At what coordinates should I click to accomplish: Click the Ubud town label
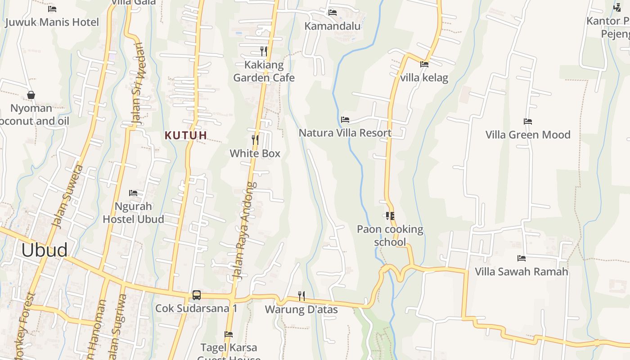[x=45, y=250]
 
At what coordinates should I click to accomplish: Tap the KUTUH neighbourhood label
[x=186, y=135]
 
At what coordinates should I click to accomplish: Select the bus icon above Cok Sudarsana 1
[x=197, y=295]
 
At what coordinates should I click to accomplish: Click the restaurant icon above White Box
[x=255, y=139]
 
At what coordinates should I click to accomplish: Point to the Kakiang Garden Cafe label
[x=264, y=71]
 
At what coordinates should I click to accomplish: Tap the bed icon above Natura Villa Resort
[x=345, y=120]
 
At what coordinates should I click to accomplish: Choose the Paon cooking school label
[x=390, y=235]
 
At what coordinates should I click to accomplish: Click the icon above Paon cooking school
[x=390, y=216]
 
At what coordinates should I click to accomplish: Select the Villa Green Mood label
[x=528, y=135]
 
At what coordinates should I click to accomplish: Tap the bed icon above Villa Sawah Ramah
[x=522, y=258]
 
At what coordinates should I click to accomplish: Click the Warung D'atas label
[x=301, y=310]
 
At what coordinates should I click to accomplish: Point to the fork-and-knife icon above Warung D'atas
[x=301, y=296]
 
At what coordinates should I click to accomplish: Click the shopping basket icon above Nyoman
[x=31, y=95]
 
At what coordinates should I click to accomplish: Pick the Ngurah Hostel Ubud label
[x=133, y=212]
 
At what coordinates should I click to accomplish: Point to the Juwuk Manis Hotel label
[x=52, y=22]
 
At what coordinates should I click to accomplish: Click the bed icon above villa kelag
[x=424, y=64]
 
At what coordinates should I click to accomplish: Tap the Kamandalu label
[x=333, y=26]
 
